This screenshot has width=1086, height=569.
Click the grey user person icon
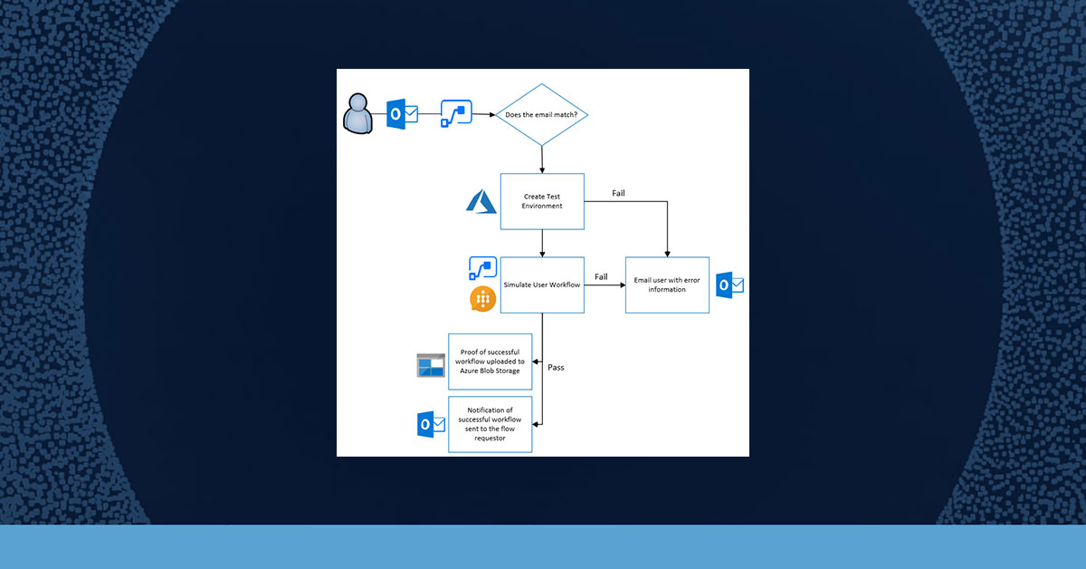(x=357, y=113)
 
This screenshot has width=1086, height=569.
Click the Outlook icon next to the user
(x=402, y=114)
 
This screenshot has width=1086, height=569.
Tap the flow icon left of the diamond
(x=456, y=113)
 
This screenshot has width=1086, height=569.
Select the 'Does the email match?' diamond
(x=541, y=114)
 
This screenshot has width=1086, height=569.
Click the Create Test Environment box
(x=542, y=201)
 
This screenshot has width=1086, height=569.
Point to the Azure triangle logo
(x=481, y=201)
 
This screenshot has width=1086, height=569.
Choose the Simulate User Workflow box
(x=542, y=285)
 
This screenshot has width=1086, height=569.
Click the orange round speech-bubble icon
(x=483, y=299)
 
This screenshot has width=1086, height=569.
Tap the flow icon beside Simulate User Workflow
(x=483, y=268)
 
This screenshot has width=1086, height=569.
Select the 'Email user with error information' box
(x=667, y=285)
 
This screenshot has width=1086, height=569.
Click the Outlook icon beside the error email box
(x=729, y=285)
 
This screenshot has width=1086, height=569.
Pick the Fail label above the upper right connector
(x=618, y=193)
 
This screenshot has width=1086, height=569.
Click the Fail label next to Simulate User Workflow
(x=601, y=276)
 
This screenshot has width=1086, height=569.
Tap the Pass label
(x=556, y=368)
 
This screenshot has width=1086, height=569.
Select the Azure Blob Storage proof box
(x=490, y=362)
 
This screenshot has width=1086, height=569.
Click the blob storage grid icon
(x=431, y=365)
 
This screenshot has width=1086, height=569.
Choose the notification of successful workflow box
(x=490, y=424)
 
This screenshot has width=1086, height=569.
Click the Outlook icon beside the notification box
(x=431, y=424)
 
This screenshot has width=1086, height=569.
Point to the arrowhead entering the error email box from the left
(x=623, y=285)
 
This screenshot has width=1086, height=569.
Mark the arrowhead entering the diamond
(x=492, y=114)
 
